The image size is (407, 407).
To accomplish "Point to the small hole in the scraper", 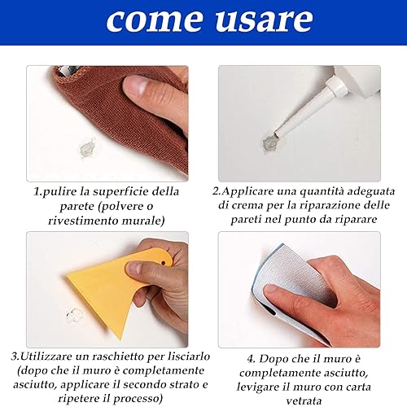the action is pyautogui.click(x=163, y=263).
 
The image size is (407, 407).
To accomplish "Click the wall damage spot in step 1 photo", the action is pyautogui.click(x=88, y=148).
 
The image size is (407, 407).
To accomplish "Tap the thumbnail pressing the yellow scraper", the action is pyautogui.click(x=133, y=268).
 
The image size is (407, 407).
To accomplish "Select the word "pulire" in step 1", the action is pyautogui.click(x=59, y=192).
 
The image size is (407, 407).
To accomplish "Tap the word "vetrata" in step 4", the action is pyautogui.click(x=304, y=400).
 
